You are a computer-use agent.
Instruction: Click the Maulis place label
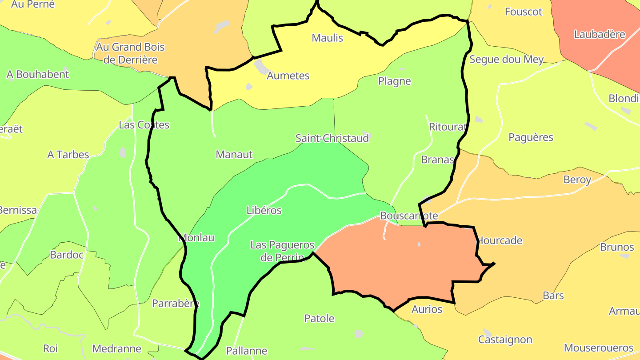coord(328,38)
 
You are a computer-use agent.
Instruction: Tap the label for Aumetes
coord(288,76)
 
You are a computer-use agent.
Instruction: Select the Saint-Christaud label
coord(332,138)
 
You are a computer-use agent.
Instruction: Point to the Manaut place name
coord(234,155)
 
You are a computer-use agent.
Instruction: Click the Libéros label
coord(264,210)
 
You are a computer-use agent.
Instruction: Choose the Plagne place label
coord(395,81)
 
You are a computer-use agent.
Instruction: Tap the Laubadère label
coord(600,34)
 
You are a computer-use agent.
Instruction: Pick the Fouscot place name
coord(524,12)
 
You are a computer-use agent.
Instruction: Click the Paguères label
coord(531,137)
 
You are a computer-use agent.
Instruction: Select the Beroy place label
coord(577,180)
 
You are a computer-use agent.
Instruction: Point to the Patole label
coord(319,319)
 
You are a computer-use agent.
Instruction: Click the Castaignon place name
coord(505,340)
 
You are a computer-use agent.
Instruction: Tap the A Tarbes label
coord(68,155)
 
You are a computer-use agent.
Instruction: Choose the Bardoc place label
coord(67,255)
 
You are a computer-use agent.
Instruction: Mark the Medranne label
coord(116,349)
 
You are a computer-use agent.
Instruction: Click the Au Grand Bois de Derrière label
coord(130,53)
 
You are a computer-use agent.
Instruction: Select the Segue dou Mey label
coord(507,59)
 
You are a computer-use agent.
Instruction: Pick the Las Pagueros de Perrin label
coord(282,251)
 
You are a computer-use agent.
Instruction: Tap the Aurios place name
coord(427,309)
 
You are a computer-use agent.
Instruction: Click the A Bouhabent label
coord(38,75)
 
